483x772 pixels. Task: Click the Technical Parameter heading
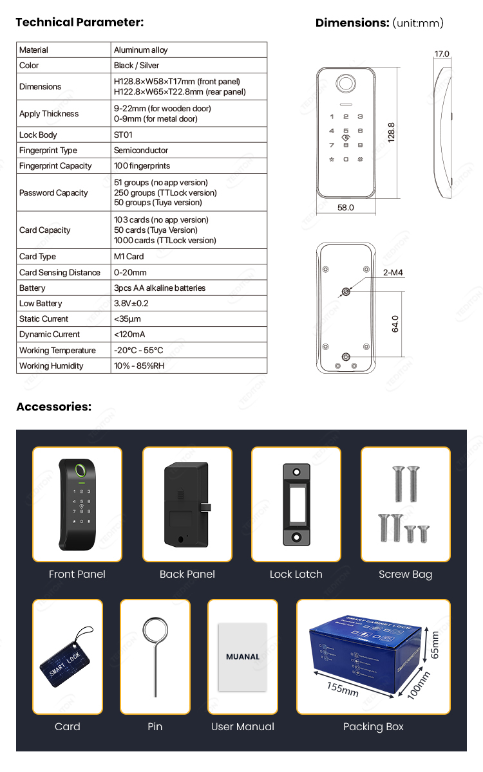coord(79,23)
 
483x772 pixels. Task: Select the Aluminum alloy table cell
coord(141,50)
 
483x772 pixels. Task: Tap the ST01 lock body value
coord(124,134)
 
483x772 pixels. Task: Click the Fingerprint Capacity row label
coord(55,165)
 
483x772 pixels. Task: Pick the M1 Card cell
coord(129,257)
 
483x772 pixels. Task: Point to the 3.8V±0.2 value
coord(131,303)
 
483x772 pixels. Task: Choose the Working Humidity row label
coord(52,365)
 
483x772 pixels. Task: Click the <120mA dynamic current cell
coord(129,334)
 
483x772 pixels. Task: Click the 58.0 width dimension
coord(346,208)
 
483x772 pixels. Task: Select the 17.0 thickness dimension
coord(442,54)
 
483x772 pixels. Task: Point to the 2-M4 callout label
coord(393,273)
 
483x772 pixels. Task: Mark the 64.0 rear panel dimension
coord(395,324)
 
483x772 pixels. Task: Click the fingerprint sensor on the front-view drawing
coord(346,84)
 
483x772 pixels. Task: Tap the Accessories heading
coord(53,407)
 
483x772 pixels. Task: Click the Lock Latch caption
coord(296,574)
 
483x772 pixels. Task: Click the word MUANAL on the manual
coord(243,657)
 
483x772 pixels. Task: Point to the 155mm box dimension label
coord(342,689)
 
